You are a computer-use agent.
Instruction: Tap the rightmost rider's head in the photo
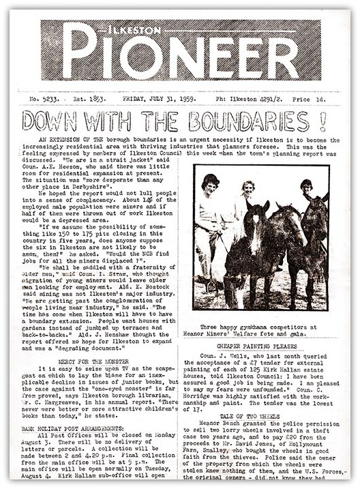pos(306,187)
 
